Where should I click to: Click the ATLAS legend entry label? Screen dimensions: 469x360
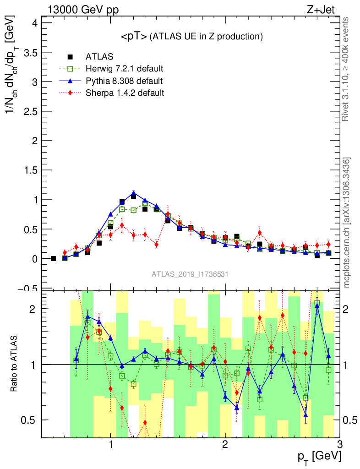pyautogui.click(x=99, y=57)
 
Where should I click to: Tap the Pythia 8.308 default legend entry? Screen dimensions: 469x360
pyautogui.click(x=124, y=81)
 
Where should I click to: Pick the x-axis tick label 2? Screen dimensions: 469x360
pyautogui.click(x=225, y=445)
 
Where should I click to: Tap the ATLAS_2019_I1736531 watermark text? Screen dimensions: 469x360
pyautogui.click(x=190, y=274)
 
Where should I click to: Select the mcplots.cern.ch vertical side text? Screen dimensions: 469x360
pyautogui.click(x=347, y=222)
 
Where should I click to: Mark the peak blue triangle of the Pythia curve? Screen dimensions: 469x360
pyautogui.click(x=133, y=193)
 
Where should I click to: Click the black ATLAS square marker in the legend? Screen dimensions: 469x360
pyautogui.click(x=71, y=57)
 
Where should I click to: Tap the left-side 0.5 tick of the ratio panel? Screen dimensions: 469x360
pyautogui.click(x=32, y=420)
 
